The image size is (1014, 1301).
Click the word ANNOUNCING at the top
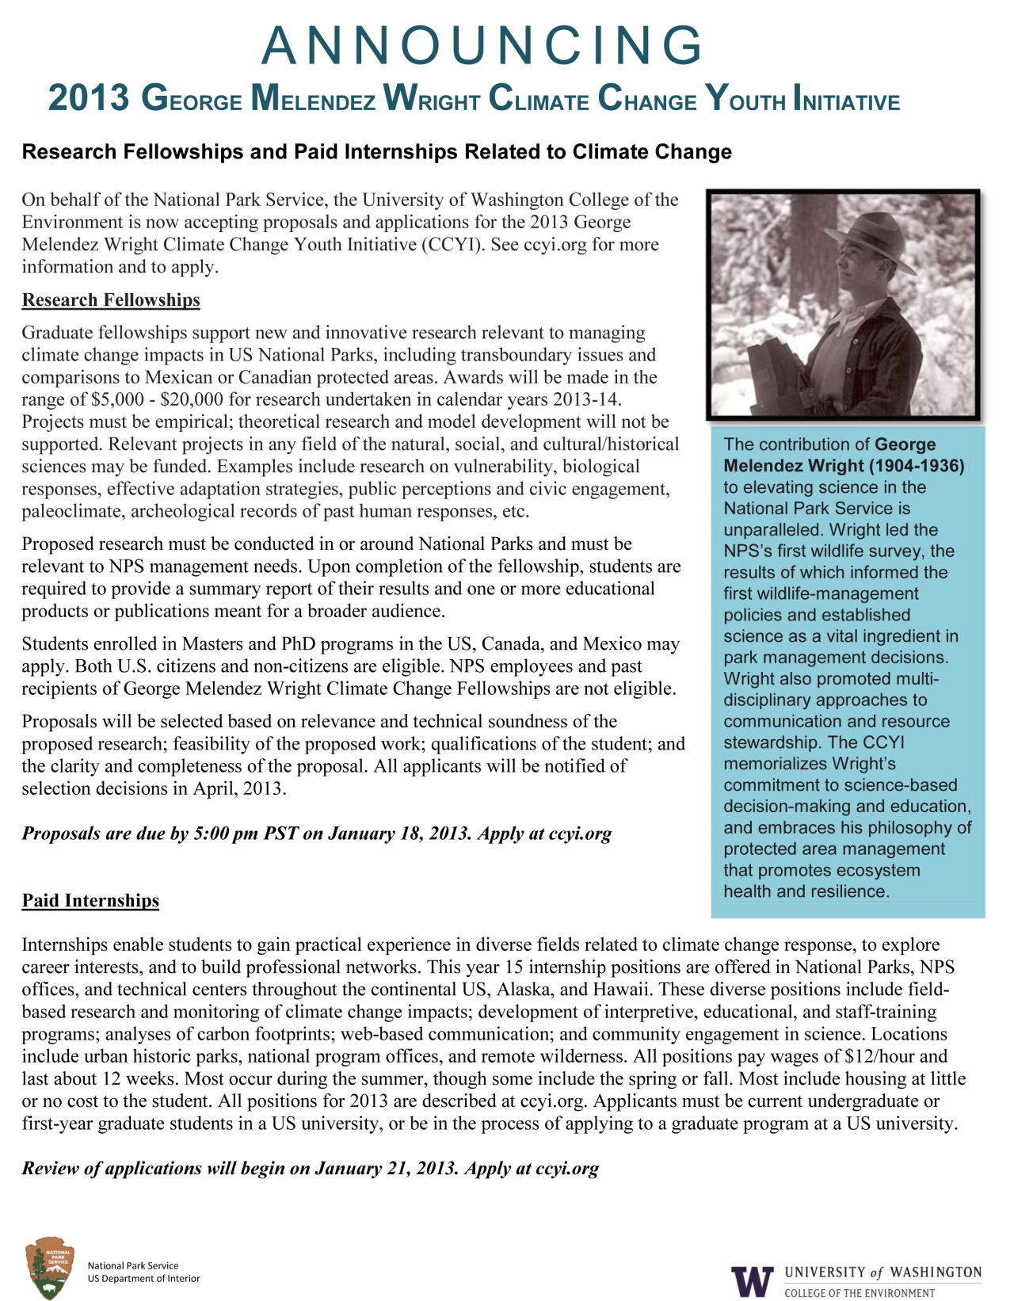(x=482, y=46)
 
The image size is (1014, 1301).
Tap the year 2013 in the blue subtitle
(x=88, y=99)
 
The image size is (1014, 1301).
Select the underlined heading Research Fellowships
(x=111, y=300)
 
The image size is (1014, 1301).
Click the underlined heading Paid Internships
(x=90, y=901)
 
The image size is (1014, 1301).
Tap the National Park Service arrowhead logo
(x=49, y=1267)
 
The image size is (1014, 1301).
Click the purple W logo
(x=752, y=1280)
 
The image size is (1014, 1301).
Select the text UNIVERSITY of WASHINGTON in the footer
(x=882, y=1272)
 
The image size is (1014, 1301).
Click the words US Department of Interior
(x=143, y=1278)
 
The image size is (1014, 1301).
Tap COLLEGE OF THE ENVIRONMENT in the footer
(x=860, y=1293)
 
